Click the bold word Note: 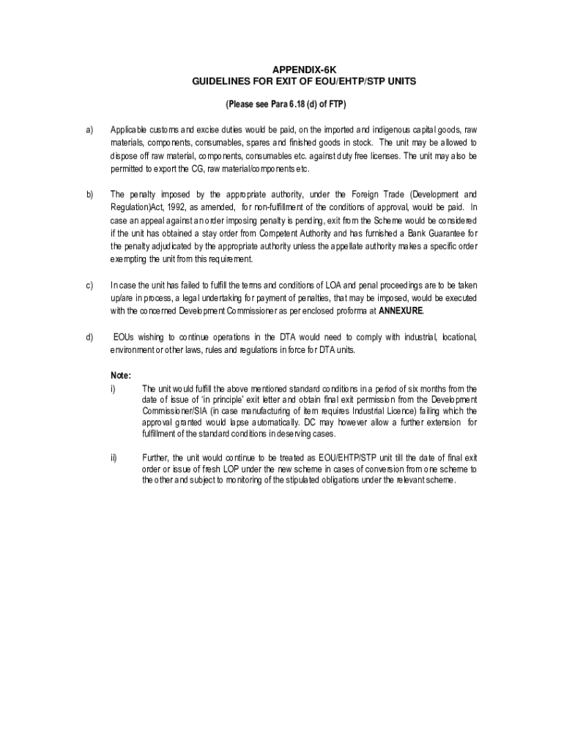click(x=121, y=376)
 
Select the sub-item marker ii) click(x=114, y=457)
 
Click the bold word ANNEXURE click(x=401, y=311)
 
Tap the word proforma click(x=343, y=311)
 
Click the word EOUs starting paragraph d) click(x=126, y=337)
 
